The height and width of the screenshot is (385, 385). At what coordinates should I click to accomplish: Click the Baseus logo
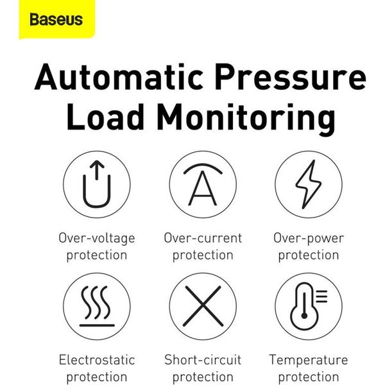(56, 20)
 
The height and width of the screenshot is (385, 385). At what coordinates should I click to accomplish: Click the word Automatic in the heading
(119, 76)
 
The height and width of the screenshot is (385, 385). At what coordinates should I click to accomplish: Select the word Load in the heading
(105, 117)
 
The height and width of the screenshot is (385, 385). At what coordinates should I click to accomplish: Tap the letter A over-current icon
(203, 184)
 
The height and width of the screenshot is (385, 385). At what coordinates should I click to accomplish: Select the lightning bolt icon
(309, 184)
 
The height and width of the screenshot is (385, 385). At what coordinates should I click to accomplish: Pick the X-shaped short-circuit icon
(203, 306)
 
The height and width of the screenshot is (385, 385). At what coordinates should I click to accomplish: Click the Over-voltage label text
(97, 239)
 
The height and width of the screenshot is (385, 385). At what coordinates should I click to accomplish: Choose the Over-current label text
(203, 238)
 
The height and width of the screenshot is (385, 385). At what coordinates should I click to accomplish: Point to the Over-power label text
(309, 239)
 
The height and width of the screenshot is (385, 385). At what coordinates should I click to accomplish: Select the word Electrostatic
(97, 360)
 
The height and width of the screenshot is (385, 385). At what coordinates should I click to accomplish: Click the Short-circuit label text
(203, 360)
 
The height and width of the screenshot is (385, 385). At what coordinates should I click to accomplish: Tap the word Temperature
(309, 361)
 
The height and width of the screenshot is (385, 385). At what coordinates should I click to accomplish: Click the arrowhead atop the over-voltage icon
(97, 164)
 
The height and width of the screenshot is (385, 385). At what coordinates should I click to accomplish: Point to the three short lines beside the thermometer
(321, 296)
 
